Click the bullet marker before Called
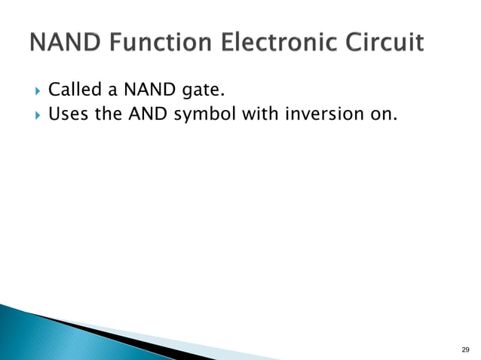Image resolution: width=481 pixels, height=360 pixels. tap(32, 93)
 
